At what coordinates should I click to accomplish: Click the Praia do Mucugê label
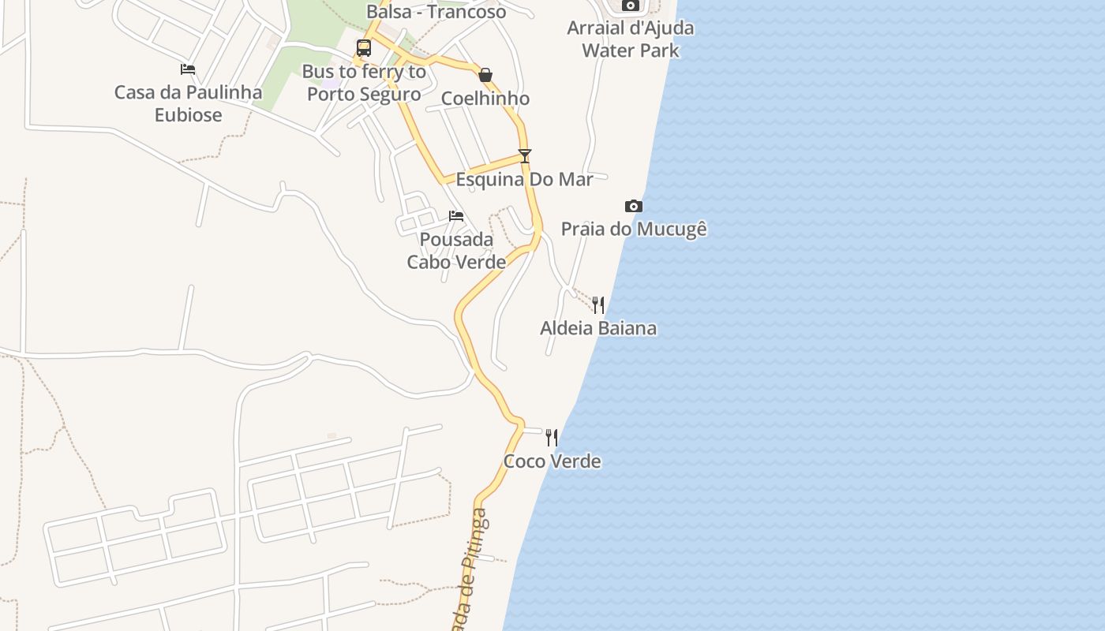click(634, 229)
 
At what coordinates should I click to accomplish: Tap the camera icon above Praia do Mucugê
click(633, 207)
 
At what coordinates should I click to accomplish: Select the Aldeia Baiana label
click(598, 328)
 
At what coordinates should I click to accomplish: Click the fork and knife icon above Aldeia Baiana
click(598, 305)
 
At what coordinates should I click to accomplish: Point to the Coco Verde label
click(552, 461)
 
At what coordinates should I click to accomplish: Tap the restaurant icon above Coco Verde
click(552, 438)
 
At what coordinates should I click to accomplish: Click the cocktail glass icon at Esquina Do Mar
click(525, 156)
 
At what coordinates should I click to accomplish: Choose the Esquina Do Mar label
click(524, 179)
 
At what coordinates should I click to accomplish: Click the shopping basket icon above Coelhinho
click(485, 76)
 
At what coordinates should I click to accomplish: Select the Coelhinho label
click(485, 99)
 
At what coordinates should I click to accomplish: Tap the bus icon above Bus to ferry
click(363, 48)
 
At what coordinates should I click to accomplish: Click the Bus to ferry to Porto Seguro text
click(364, 83)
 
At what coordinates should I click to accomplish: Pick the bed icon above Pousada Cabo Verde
click(456, 216)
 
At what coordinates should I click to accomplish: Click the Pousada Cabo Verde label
click(456, 251)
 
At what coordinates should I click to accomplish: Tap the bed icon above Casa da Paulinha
click(188, 69)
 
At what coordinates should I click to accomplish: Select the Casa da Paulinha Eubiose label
click(189, 103)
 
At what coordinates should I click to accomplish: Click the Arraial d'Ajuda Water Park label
click(631, 39)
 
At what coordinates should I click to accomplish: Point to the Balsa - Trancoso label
click(436, 12)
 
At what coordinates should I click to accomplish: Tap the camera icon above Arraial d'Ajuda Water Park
click(630, 6)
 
